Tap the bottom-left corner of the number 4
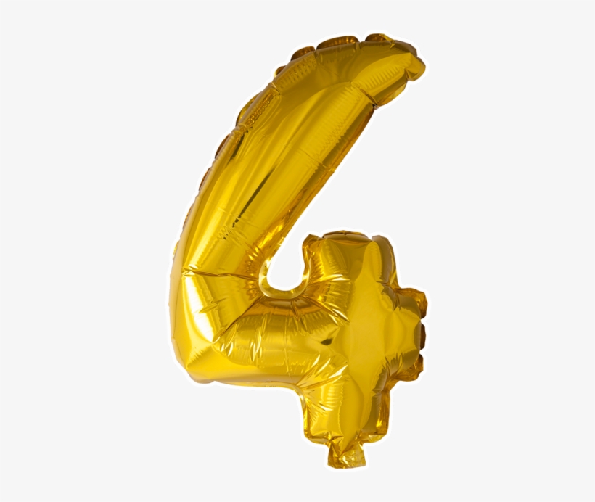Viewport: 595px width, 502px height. (190, 363)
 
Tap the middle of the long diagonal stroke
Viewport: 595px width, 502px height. (290, 167)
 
